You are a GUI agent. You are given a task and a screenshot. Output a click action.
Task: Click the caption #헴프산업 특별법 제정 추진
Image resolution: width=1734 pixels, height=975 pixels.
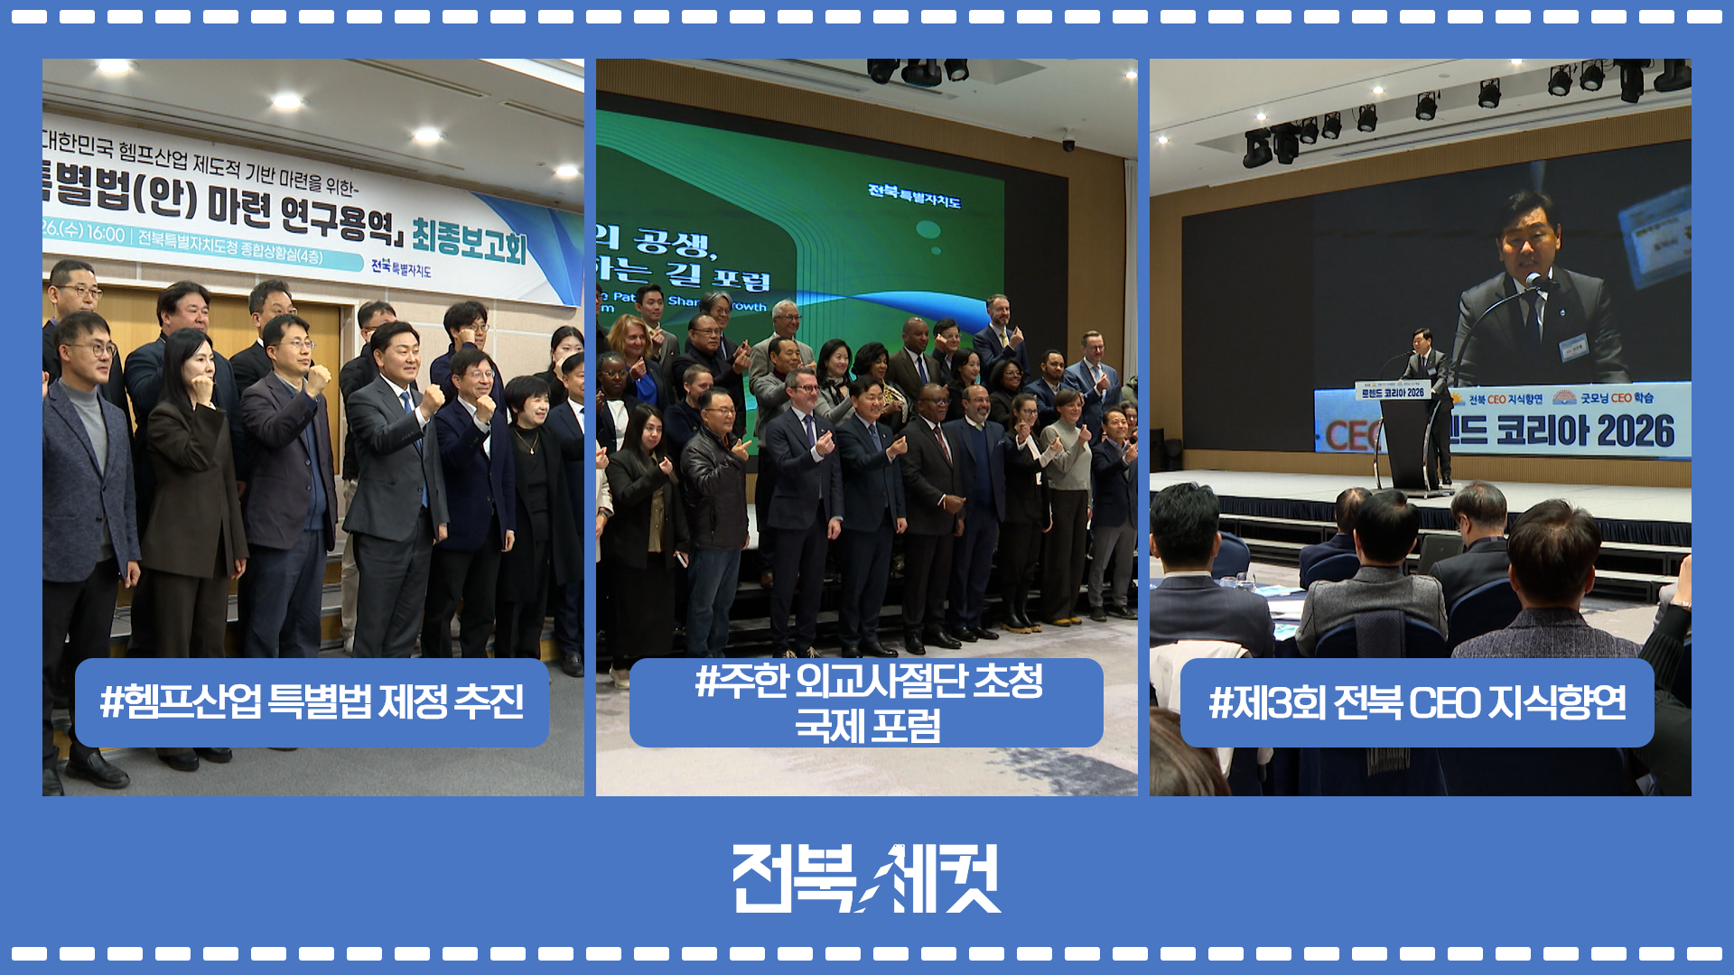[x=312, y=702]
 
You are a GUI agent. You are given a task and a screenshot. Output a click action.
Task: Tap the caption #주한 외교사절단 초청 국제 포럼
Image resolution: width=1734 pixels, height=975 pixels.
[x=867, y=702]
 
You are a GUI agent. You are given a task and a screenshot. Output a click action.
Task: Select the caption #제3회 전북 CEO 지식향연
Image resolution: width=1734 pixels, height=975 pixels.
[x=1417, y=702]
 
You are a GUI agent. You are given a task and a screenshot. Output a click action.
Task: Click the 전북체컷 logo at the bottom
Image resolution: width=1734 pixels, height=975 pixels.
[x=867, y=878]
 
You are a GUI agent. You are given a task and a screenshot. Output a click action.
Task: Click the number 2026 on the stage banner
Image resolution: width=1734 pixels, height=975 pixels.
[x=1635, y=432]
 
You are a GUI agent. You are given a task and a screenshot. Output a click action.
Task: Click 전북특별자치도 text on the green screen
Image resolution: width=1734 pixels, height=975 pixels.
[x=914, y=195]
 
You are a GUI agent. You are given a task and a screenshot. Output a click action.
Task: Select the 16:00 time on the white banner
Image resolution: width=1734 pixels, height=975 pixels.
[x=106, y=234]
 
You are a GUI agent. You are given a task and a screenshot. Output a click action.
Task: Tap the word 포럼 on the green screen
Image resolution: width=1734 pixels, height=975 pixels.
[x=741, y=278]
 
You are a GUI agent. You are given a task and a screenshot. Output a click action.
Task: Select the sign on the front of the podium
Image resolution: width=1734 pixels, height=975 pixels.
[x=1392, y=393]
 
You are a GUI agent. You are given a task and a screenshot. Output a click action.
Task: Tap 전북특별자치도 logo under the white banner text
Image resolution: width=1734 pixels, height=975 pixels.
[x=401, y=267]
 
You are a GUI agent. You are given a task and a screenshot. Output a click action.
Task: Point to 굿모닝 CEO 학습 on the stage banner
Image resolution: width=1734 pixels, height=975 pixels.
[x=1617, y=397]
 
